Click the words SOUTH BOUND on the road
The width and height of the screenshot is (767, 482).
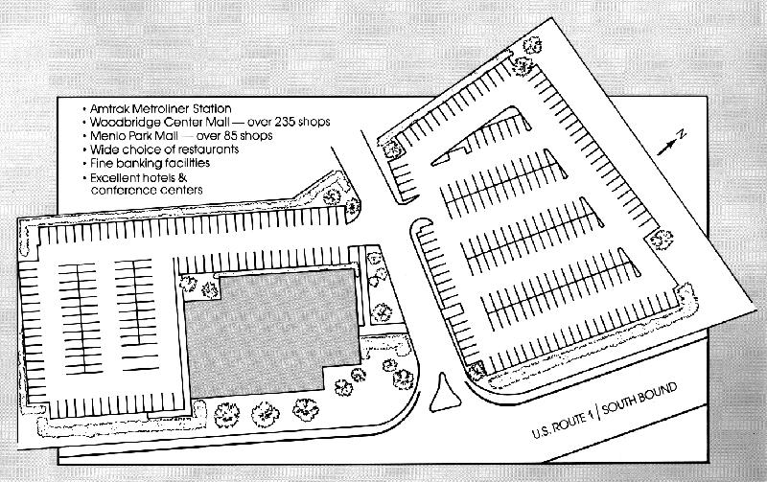(x=639, y=399)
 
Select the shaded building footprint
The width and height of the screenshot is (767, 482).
(x=272, y=333)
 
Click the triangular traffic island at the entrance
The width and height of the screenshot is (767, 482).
(x=445, y=395)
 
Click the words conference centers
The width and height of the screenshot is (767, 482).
(x=147, y=190)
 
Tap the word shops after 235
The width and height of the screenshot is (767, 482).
(x=315, y=122)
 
